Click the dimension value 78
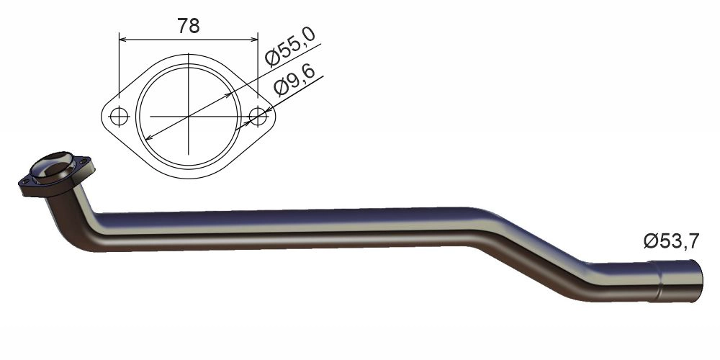click(x=188, y=25)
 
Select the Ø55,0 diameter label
click(x=291, y=48)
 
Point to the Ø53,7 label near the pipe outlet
click(x=671, y=242)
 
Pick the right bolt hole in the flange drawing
click(x=257, y=116)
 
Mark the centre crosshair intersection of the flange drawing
click(x=188, y=116)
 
